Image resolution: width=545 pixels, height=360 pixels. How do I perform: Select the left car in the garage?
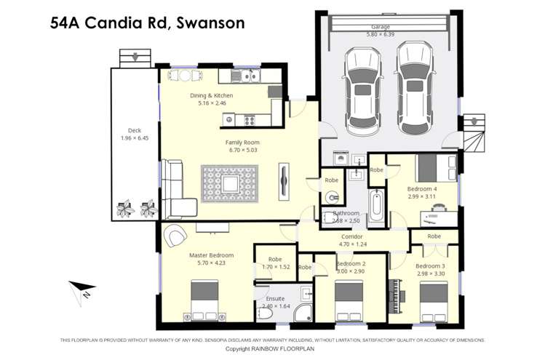click(x=362, y=91)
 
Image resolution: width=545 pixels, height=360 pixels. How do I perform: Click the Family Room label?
click(x=242, y=143)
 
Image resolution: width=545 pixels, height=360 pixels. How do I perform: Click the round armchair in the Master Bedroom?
click(x=175, y=236)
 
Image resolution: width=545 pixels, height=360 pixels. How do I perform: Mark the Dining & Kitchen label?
click(x=215, y=95)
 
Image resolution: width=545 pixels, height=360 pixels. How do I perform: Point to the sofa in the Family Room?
click(x=175, y=189)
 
